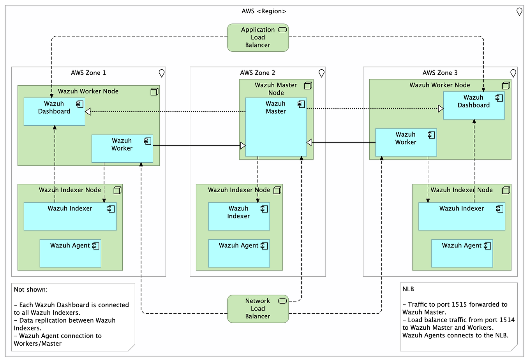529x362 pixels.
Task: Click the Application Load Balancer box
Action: pyautogui.click(x=257, y=37)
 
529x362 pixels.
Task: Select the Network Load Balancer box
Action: pyautogui.click(x=257, y=309)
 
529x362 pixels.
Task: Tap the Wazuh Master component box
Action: pyautogui.click(x=276, y=128)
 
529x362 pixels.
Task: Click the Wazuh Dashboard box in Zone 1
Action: pyautogui.click(x=54, y=111)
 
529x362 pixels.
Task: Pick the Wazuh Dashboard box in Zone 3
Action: pyautogui.click(x=473, y=105)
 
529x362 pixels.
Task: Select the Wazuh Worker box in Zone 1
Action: pyautogui.click(x=122, y=149)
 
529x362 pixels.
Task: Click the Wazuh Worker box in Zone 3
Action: pyautogui.click(x=406, y=142)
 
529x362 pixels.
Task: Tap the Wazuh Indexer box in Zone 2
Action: pyautogui.click(x=238, y=216)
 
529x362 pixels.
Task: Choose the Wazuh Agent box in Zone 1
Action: pyautogui.click(x=70, y=253)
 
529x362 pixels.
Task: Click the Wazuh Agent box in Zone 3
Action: pyautogui.click(x=462, y=253)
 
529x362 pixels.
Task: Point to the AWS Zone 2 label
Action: pyautogui.click(x=257, y=73)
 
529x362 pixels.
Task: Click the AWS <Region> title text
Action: pyautogui.click(x=264, y=11)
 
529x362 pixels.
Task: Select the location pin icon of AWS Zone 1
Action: pyautogui.click(x=162, y=73)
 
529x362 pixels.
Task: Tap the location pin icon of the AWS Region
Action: pyautogui.click(x=519, y=12)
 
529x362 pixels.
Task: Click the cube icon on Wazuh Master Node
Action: pyautogui.click(x=308, y=86)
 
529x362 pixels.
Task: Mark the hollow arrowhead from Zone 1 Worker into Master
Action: pyautogui.click(x=243, y=146)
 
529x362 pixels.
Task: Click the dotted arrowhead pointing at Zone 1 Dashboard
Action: pyautogui.click(x=88, y=112)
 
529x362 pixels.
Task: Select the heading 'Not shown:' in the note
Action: pyautogui.click(x=31, y=290)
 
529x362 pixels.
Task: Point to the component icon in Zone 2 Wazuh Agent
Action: pyautogui.click(x=264, y=246)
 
